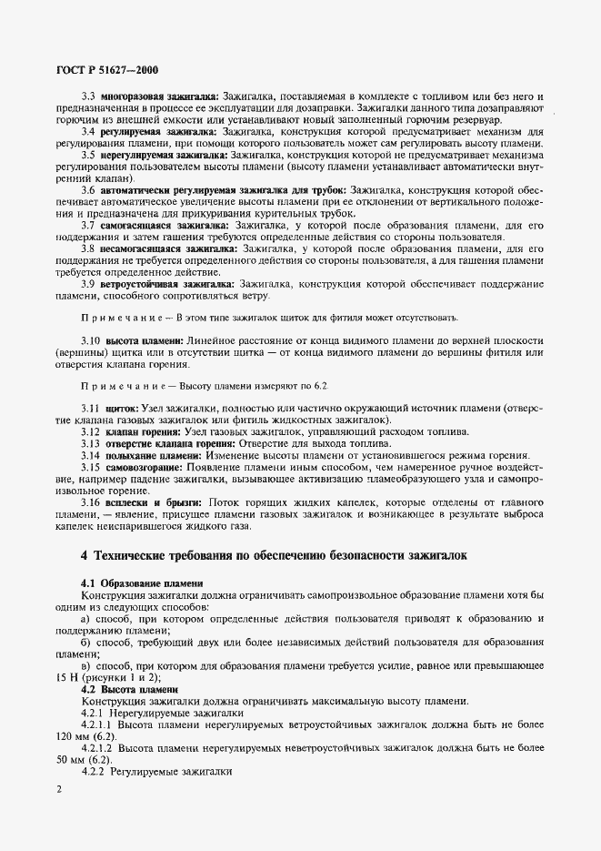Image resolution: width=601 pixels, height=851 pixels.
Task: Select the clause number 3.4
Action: tap(88, 131)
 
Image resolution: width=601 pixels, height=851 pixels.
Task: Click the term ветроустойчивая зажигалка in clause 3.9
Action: tap(163, 284)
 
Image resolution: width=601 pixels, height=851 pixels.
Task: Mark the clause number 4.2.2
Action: tap(94, 772)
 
